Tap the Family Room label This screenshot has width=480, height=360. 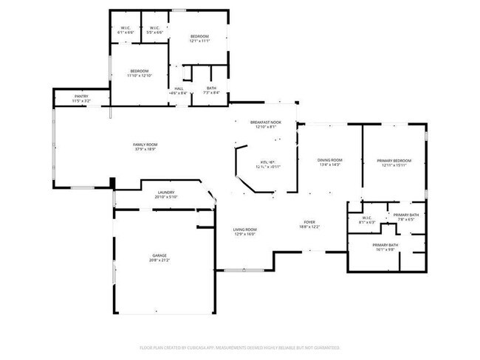click(x=145, y=145)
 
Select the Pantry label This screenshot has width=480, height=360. click(x=82, y=97)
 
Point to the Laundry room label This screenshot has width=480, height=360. click(x=165, y=193)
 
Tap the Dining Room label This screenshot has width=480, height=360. click(x=330, y=160)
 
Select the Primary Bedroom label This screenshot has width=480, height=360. click(x=394, y=160)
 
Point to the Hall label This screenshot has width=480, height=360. click(x=179, y=88)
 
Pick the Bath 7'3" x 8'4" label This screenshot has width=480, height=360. click(x=211, y=88)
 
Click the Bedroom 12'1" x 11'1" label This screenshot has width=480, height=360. click(x=200, y=37)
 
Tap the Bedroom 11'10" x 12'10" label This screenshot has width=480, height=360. click(x=139, y=71)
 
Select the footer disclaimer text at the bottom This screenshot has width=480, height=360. click(x=240, y=347)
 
